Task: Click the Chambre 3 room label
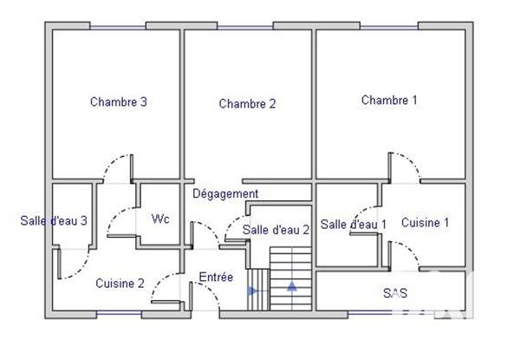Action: point(118,101)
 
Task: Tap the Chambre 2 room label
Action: point(247,104)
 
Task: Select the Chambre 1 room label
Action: point(389,101)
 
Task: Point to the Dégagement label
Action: point(225,193)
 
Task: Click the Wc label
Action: point(160,219)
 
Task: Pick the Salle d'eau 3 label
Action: point(54,220)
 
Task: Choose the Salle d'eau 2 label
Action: point(276,230)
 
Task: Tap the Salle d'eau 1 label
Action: point(354,225)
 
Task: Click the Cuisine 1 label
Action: point(425,223)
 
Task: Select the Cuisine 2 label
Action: point(120,283)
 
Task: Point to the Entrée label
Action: point(216,278)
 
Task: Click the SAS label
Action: point(395,293)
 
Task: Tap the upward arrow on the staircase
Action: point(292,285)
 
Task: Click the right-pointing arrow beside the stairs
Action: point(253,291)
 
